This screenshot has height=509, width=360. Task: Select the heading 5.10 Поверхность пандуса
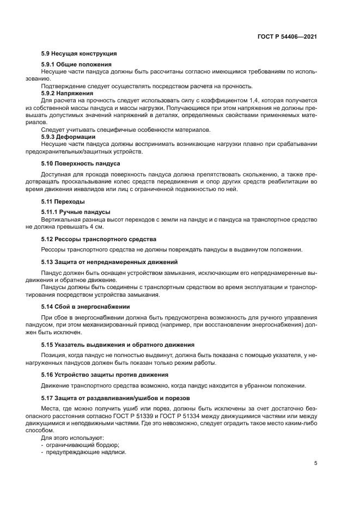pyautogui.click(x=81, y=163)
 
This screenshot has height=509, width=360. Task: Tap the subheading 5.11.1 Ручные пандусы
pyautogui.click(x=76, y=212)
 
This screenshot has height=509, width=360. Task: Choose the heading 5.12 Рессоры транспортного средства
pyautogui.click(x=99, y=239)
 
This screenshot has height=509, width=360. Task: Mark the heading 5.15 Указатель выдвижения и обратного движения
pyautogui.click(x=118, y=345)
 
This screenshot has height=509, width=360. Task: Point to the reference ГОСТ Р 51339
pyautogui.click(x=141, y=416)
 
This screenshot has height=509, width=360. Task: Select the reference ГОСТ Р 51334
pyautogui.click(x=187, y=416)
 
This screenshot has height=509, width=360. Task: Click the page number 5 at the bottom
pyautogui.click(x=315, y=463)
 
